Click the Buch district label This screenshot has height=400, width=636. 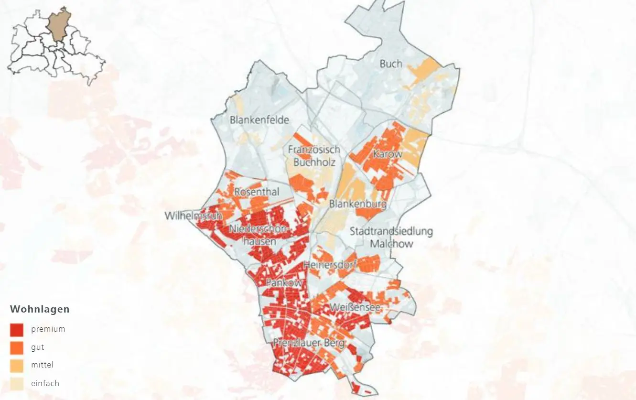click(x=390, y=64)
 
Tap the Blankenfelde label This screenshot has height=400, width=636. click(x=259, y=119)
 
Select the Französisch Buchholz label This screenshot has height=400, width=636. click(x=314, y=156)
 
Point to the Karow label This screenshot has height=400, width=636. click(x=388, y=154)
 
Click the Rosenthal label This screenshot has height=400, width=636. click(x=256, y=192)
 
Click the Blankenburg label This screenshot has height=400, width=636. click(x=357, y=204)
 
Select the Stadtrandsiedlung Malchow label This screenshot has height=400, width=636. click(x=391, y=237)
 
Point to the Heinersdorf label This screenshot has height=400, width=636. click(x=330, y=264)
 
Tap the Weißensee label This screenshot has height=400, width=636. click(x=355, y=306)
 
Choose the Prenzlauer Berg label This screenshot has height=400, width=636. click(x=308, y=343)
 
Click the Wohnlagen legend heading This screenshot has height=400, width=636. click(x=40, y=309)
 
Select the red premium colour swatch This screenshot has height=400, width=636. click(x=16, y=330)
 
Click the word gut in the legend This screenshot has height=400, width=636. click(x=38, y=347)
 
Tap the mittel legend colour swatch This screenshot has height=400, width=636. click(x=16, y=366)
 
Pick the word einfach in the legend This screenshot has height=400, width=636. click(x=45, y=383)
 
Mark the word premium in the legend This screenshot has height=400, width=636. click(x=48, y=329)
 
